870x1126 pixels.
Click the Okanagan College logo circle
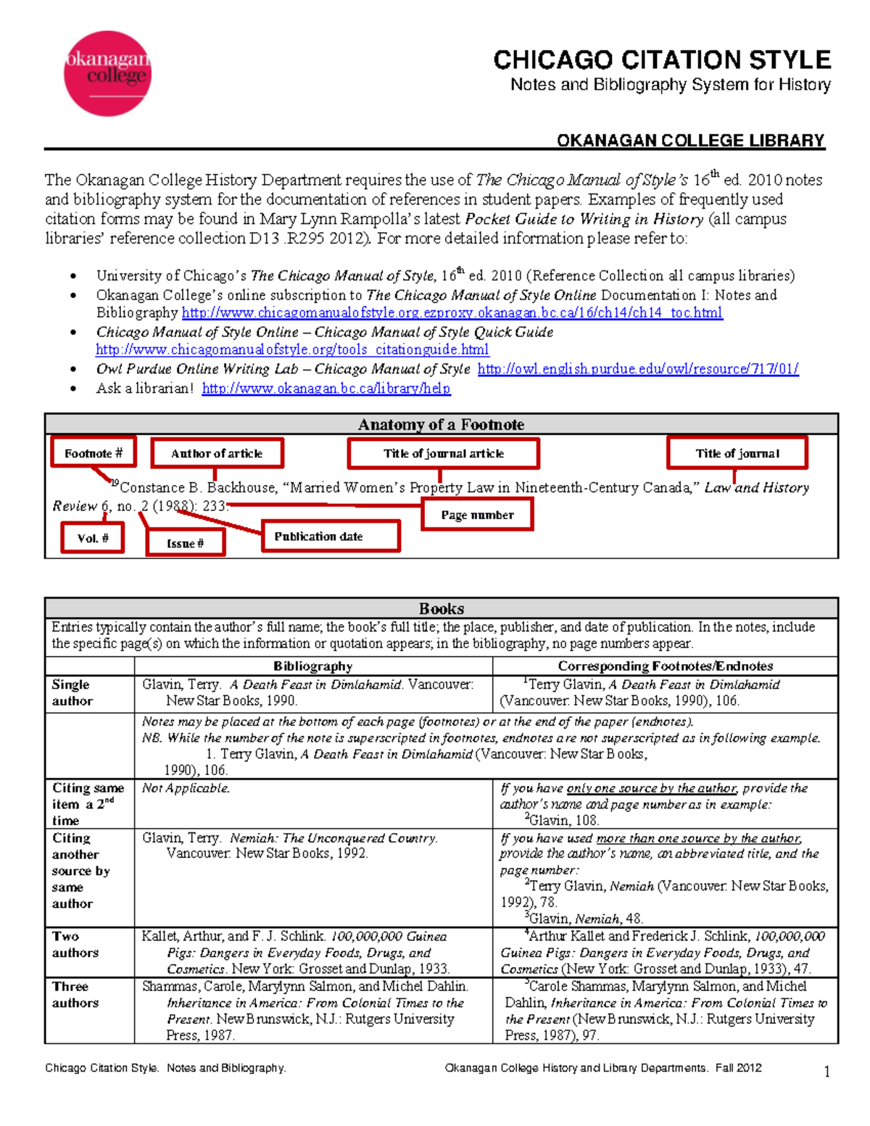pos(107,73)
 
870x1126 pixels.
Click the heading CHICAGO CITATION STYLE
pos(661,59)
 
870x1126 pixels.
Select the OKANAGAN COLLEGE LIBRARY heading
pos(690,141)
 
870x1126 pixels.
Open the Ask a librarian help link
pos(326,389)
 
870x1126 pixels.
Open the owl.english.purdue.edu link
pos(637,369)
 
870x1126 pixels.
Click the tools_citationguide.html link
pos(292,349)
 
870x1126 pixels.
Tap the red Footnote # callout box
pos(94,453)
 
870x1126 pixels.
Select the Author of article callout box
pos(217,453)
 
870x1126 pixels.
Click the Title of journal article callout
pos(443,453)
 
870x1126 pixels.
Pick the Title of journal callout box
pos(737,453)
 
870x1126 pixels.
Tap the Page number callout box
pos(477,515)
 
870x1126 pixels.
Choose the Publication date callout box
pos(330,537)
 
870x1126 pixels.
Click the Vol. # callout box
pos(92,538)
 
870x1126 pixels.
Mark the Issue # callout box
pos(185,542)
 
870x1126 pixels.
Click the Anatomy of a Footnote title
pos(441,424)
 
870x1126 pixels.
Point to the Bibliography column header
pos(312,666)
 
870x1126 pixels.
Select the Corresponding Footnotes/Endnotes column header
pos(665,666)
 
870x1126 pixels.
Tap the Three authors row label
pos(75,994)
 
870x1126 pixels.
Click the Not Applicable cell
pos(186,788)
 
